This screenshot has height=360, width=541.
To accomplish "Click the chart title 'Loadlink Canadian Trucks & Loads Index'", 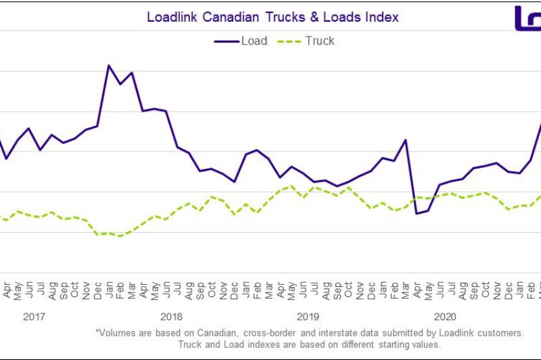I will [x=273, y=17].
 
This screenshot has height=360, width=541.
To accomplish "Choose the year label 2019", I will [x=308, y=316].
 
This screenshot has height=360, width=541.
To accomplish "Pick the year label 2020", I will [x=445, y=316].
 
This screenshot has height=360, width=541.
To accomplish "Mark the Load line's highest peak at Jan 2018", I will [x=109, y=66].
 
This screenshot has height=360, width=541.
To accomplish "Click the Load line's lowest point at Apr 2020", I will [x=417, y=213].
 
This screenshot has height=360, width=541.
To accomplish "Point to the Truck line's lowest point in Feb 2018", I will [x=120, y=236].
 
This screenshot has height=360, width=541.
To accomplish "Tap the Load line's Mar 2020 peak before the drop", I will [x=405, y=140].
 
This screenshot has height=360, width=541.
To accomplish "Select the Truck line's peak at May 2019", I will [x=291, y=186].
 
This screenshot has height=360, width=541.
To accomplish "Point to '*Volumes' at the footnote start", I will [x=116, y=333].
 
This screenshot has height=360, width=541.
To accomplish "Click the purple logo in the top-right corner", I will [x=527, y=18].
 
